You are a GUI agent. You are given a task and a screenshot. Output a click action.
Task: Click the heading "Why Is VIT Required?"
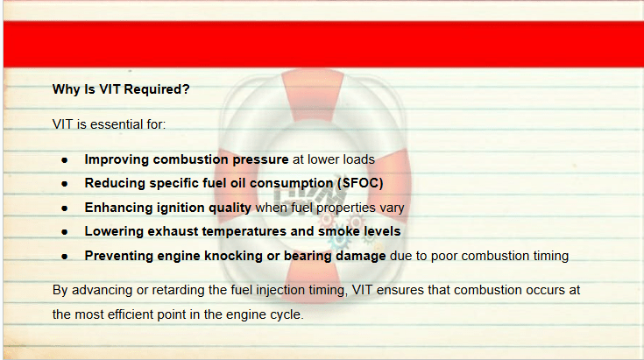click(121, 89)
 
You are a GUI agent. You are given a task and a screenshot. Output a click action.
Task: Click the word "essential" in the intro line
click(111, 124)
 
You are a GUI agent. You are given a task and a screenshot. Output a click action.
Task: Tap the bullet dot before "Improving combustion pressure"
click(65, 160)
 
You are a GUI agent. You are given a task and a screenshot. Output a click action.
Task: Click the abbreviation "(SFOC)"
click(360, 183)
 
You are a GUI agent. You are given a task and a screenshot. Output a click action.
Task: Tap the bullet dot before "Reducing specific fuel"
click(65, 184)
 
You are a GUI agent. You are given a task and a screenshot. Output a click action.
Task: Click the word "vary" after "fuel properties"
click(392, 208)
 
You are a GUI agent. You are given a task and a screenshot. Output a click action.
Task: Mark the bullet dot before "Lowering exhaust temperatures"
click(65, 232)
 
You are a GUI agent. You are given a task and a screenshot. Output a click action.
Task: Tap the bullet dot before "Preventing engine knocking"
click(65, 257)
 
